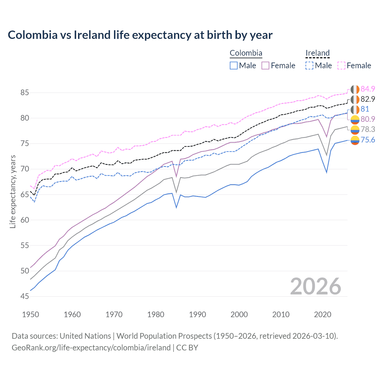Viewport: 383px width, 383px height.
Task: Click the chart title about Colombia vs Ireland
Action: pyautogui.click(x=140, y=35)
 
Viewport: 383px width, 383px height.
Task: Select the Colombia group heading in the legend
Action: pyautogui.click(x=246, y=53)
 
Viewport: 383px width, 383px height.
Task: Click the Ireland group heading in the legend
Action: pyautogui.click(x=317, y=53)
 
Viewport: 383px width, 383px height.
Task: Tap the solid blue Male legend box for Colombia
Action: pyautogui.click(x=234, y=66)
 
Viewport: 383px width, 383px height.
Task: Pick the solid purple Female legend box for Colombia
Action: pyautogui.click(x=265, y=66)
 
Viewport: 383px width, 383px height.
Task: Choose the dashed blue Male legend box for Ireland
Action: pyautogui.click(x=309, y=66)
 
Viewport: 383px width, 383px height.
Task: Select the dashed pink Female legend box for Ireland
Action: pyautogui.click(x=341, y=66)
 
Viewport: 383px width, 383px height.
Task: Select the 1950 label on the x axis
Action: pyautogui.click(x=31, y=314)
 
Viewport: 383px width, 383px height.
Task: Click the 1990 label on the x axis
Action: pyautogui.click(x=197, y=314)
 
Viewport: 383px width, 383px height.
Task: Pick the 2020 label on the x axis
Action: pyautogui.click(x=323, y=314)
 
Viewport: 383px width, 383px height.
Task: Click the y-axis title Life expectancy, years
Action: pyautogui.click(x=13, y=191)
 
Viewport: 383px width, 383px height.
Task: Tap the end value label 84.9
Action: pyautogui.click(x=368, y=89)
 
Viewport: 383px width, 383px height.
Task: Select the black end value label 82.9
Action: pyautogui.click(x=368, y=99)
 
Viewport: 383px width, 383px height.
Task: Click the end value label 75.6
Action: pyautogui.click(x=368, y=140)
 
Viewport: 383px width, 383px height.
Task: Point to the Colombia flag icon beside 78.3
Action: pyautogui.click(x=355, y=130)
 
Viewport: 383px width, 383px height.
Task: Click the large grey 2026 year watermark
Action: pyautogui.click(x=315, y=286)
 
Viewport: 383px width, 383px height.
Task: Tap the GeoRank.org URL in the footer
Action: pyautogui.click(x=91, y=348)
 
